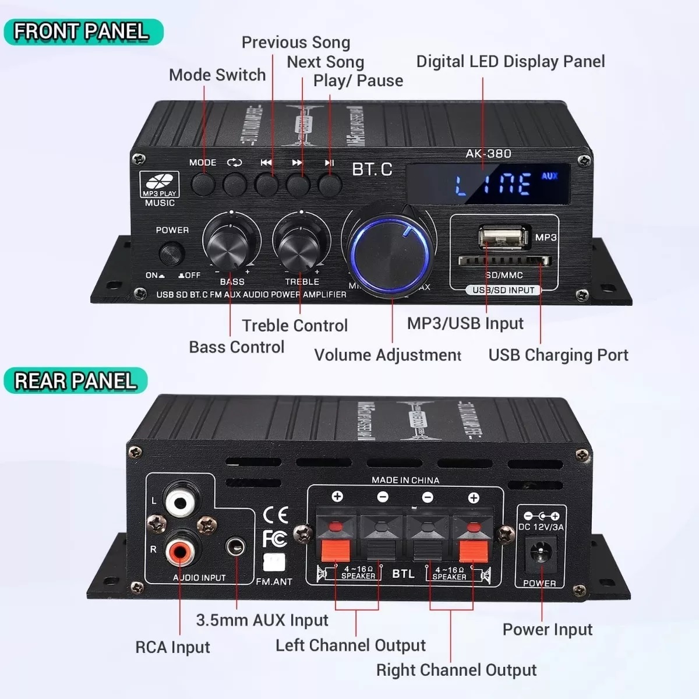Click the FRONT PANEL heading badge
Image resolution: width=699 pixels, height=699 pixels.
(x=83, y=31)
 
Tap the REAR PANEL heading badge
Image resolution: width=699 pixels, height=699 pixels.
(x=76, y=381)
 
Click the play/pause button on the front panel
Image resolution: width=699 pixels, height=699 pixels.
(x=330, y=185)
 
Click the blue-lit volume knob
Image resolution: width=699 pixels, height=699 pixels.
(x=389, y=254)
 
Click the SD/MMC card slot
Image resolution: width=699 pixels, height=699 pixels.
(x=504, y=261)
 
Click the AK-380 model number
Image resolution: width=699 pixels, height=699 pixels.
(x=488, y=154)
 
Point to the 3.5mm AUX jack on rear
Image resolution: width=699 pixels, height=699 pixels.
(x=236, y=547)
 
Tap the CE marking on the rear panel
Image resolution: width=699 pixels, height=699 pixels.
(x=276, y=514)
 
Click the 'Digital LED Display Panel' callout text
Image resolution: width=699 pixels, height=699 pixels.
(x=510, y=62)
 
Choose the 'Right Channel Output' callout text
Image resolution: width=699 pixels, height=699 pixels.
(x=456, y=670)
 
